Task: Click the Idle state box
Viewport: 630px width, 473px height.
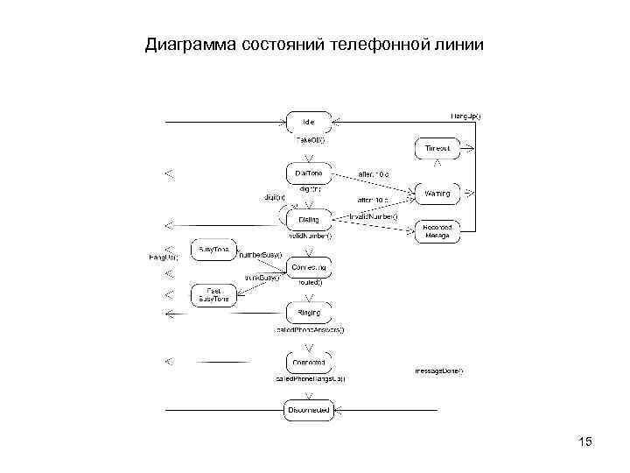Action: pyautogui.click(x=308, y=122)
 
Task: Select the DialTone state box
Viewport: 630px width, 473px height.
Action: pyautogui.click(x=308, y=173)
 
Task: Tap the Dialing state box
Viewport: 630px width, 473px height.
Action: pyautogui.click(x=308, y=219)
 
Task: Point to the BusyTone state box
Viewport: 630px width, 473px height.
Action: pyautogui.click(x=213, y=250)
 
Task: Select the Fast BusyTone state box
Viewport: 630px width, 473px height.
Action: pyautogui.click(x=213, y=294)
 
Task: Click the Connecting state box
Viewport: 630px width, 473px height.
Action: pyautogui.click(x=308, y=266)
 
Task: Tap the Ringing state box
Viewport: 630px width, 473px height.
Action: pyautogui.click(x=308, y=313)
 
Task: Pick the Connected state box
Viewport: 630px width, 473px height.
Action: pyautogui.click(x=308, y=362)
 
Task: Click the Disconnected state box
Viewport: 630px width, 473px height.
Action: pyautogui.click(x=308, y=409)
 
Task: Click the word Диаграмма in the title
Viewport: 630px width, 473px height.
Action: pyautogui.click(x=188, y=43)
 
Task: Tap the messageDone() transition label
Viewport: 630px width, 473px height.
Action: pyautogui.click(x=438, y=371)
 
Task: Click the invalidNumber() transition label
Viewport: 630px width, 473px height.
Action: pyautogui.click(x=373, y=215)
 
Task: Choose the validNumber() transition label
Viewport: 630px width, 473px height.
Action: pyautogui.click(x=309, y=236)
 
